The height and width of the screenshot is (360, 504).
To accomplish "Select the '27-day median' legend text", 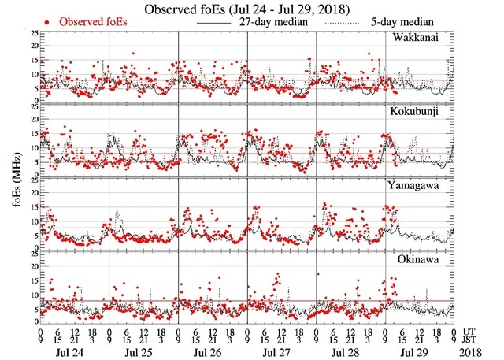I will pos(270,22).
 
